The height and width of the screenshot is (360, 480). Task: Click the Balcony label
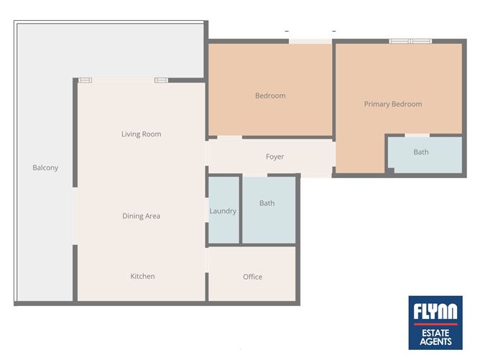(45, 167)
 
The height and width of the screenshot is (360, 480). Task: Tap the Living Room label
(141, 134)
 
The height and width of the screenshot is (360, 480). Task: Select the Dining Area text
(141, 216)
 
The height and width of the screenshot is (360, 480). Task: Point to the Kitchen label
(142, 276)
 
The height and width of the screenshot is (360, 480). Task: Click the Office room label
(252, 277)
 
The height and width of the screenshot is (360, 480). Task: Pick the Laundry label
(223, 211)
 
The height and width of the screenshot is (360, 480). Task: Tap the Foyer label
(274, 157)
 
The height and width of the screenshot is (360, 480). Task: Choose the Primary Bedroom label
(392, 104)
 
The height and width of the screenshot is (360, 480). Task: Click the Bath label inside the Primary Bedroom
(421, 152)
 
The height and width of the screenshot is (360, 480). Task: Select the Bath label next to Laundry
(267, 203)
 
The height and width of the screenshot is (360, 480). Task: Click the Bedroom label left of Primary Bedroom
(270, 96)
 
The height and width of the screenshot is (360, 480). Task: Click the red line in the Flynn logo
(435, 323)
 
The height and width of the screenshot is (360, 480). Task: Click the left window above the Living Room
(86, 80)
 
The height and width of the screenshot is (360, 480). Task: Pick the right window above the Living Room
(161, 80)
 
